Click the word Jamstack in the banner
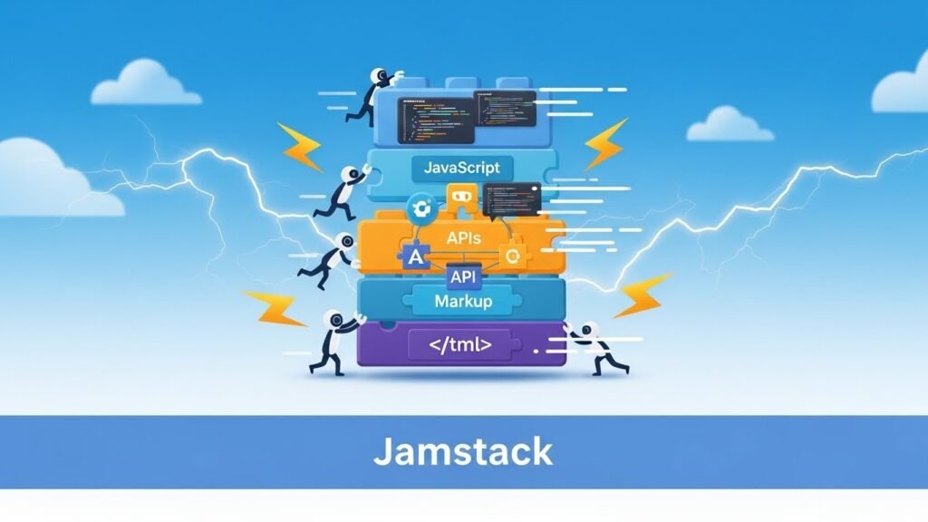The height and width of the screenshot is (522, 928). point(463,450)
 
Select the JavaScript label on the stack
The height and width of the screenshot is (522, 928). point(462,168)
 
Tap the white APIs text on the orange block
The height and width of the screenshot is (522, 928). point(463,237)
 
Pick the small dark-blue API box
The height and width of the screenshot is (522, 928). point(463,277)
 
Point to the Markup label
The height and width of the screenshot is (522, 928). point(462,300)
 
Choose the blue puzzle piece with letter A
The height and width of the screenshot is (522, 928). point(415,257)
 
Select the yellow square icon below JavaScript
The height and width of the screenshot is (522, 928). point(460,196)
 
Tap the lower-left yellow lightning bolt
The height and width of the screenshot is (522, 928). point(275,308)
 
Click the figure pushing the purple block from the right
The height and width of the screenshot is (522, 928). point(600,346)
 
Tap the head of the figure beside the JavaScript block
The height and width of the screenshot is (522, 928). point(349,173)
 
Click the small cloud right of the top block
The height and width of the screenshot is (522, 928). point(730,125)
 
